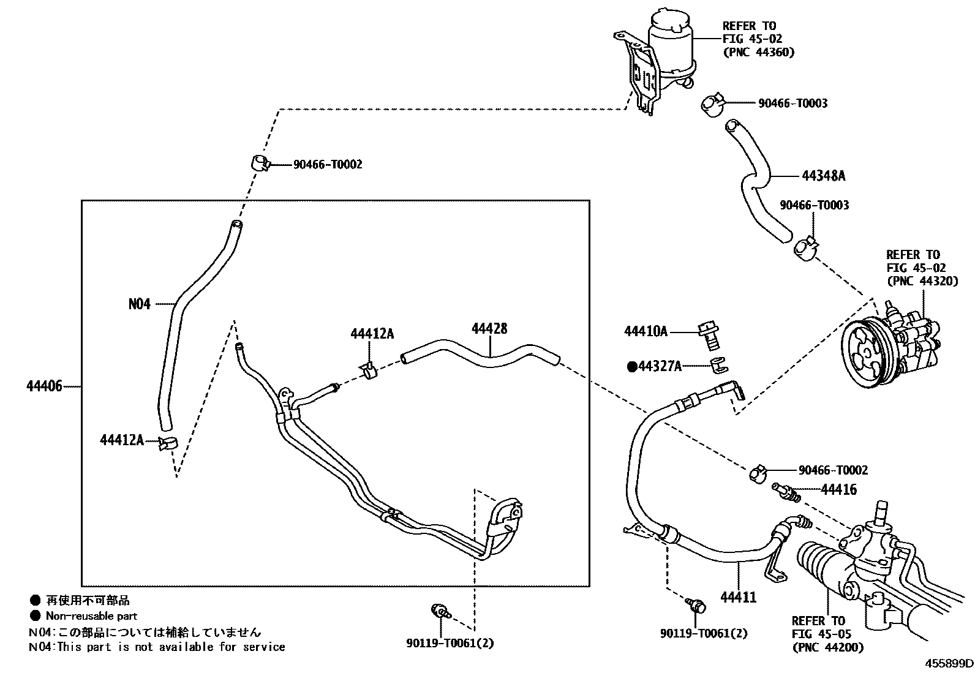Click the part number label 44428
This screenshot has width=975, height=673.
point(489,329)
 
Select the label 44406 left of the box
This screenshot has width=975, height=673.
point(44,386)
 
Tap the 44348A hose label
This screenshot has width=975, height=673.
point(823,176)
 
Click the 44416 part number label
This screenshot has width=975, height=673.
point(838,489)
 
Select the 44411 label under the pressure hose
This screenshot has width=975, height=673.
point(738,597)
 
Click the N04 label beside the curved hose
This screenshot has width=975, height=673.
point(139,304)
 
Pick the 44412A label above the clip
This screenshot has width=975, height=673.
point(372,334)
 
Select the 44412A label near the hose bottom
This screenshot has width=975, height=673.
point(121,440)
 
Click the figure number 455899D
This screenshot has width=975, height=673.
point(949,664)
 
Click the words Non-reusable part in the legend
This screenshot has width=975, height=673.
point(91,616)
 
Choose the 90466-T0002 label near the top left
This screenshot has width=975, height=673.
point(327,164)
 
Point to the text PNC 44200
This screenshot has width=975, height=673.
point(827,647)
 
